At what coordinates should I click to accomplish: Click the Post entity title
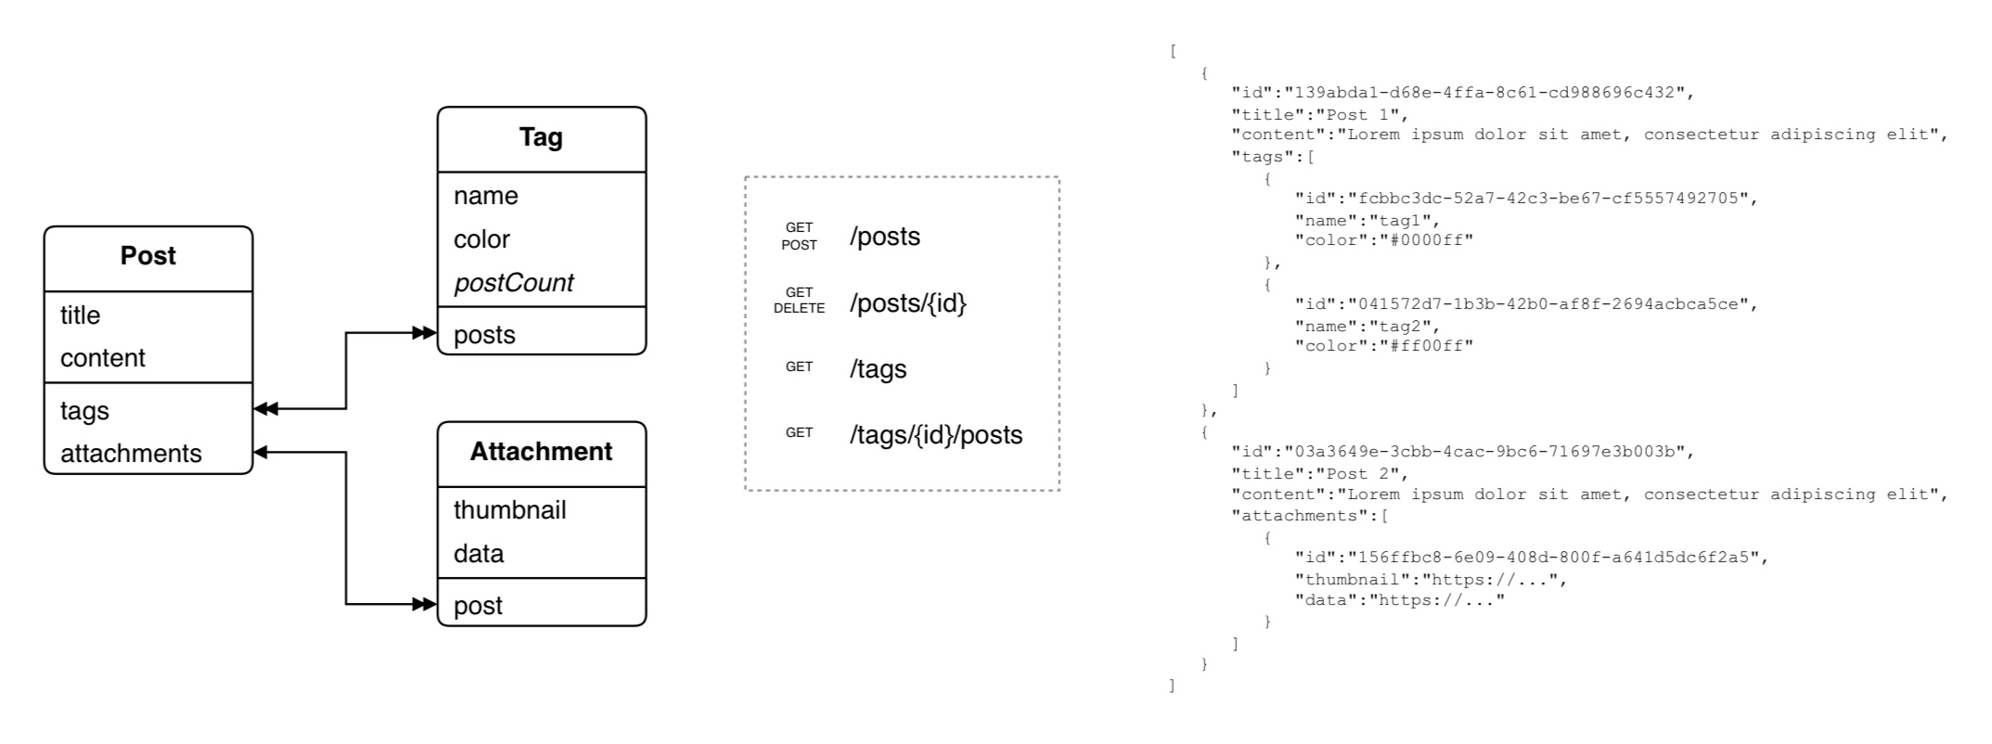point(148,256)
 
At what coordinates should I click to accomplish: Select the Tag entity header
point(541,137)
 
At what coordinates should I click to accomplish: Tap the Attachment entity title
point(541,452)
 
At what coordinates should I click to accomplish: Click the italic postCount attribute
point(513,283)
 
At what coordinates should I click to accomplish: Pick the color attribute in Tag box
point(482,239)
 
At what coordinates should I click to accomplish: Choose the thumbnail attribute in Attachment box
point(509,510)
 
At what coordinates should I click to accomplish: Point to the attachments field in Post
point(131,454)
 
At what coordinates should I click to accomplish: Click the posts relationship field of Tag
point(484,335)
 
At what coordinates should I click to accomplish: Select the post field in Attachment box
point(478,606)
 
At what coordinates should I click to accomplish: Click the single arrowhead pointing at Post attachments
point(261,452)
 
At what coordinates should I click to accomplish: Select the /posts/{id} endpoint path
point(907,303)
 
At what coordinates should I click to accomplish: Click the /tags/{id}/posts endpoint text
point(935,435)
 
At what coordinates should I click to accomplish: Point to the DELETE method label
point(799,309)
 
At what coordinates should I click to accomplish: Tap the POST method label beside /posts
point(799,246)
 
